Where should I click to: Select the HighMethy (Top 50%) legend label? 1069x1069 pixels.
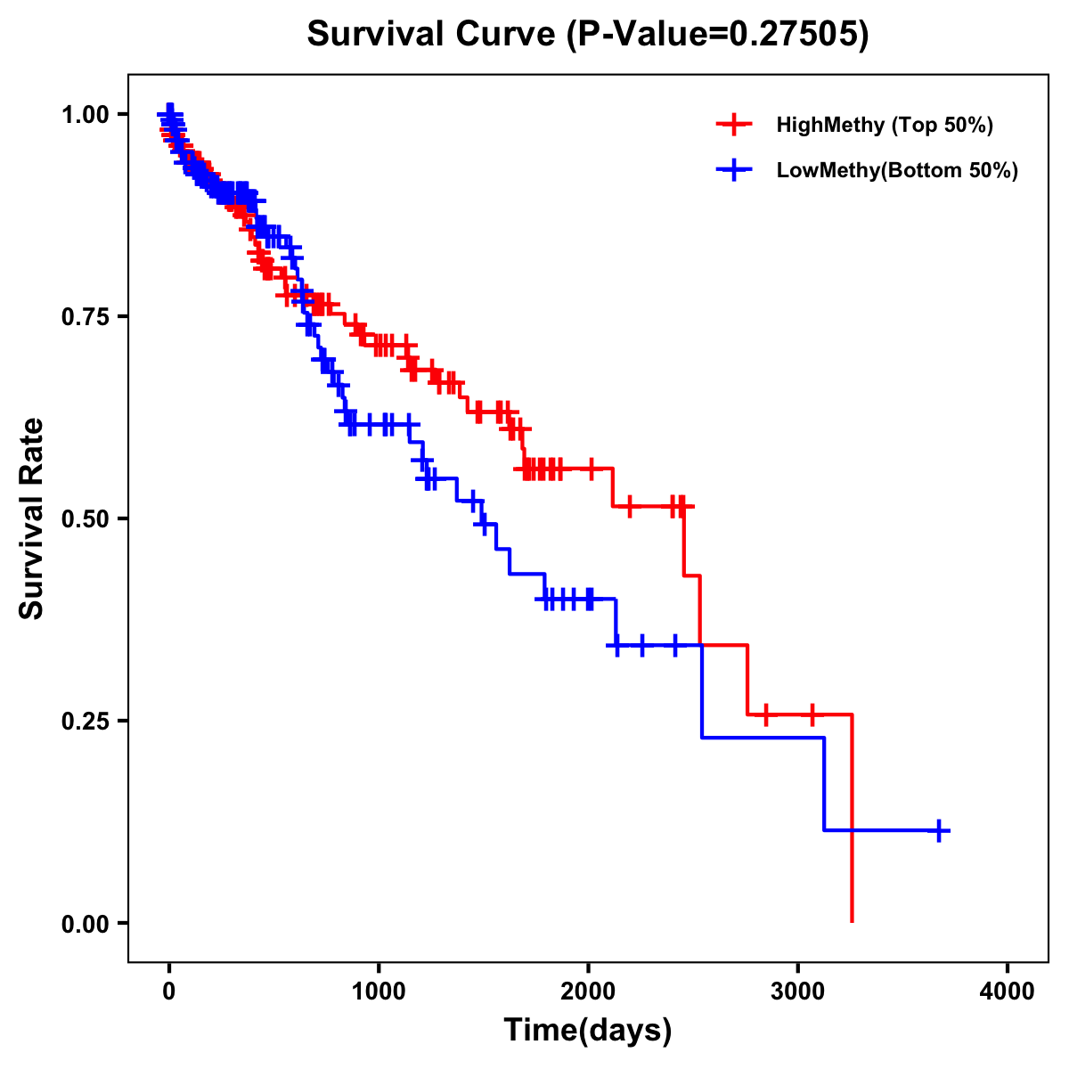click(884, 125)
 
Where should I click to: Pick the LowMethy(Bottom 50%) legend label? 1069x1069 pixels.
click(897, 170)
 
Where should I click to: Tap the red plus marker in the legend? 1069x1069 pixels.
click(733, 125)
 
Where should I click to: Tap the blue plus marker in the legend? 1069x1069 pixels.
click(733, 170)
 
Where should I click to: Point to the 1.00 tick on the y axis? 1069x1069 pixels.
click(86, 114)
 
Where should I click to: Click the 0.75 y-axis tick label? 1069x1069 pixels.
click(86, 316)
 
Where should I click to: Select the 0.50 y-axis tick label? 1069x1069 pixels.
click(86, 518)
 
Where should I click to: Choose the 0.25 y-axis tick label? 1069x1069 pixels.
click(86, 721)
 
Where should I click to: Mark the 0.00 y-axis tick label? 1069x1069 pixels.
click(86, 923)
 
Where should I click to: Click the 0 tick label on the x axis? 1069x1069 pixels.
click(169, 992)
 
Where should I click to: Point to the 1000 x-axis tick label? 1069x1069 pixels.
click(379, 992)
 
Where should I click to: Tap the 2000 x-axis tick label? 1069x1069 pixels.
click(588, 992)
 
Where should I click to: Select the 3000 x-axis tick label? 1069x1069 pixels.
click(798, 992)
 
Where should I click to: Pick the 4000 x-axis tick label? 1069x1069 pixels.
click(1008, 992)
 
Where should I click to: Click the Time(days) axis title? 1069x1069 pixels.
click(588, 1031)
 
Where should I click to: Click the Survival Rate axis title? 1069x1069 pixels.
click(32, 518)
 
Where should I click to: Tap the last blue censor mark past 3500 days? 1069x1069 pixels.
click(938, 830)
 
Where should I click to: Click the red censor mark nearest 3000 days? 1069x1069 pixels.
click(812, 714)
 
